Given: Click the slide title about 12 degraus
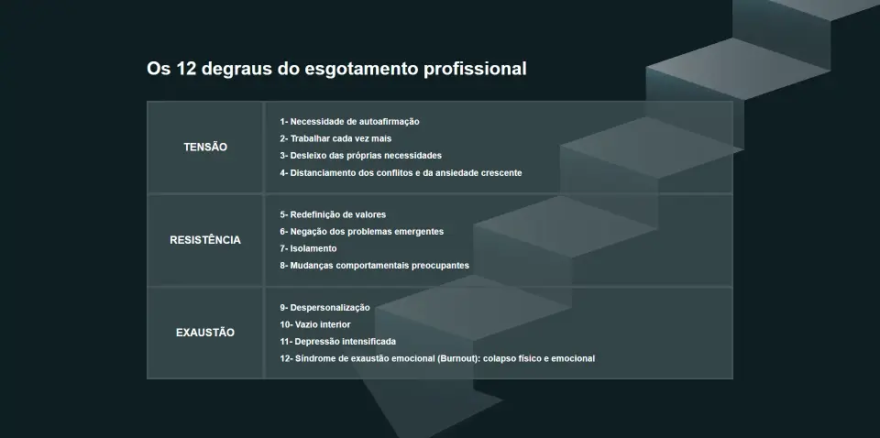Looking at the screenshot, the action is click(x=336, y=69).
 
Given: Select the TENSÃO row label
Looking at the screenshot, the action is click(x=205, y=147).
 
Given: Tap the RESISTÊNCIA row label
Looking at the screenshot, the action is click(x=205, y=240).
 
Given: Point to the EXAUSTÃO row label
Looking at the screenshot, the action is click(x=205, y=333).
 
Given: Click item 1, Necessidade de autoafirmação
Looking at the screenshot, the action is click(x=349, y=122).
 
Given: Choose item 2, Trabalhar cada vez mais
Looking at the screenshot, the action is click(x=335, y=138).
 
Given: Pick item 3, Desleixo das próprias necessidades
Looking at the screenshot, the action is click(x=361, y=156).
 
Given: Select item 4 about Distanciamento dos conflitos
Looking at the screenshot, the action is click(x=401, y=173).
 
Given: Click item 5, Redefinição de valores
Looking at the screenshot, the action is click(x=333, y=214).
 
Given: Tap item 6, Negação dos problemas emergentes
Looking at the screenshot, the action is click(x=362, y=232).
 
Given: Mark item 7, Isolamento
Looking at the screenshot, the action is click(x=308, y=248).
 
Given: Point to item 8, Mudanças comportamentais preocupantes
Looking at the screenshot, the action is click(x=374, y=266).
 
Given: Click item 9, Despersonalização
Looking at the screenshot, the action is click(x=324, y=308).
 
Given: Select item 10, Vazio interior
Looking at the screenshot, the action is click(x=315, y=324).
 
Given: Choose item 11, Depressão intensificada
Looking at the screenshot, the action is click(x=338, y=342).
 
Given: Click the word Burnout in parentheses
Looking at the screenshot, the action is click(x=458, y=359).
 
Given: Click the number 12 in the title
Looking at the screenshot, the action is click(x=186, y=69).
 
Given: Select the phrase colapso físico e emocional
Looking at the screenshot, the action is click(x=539, y=359).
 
